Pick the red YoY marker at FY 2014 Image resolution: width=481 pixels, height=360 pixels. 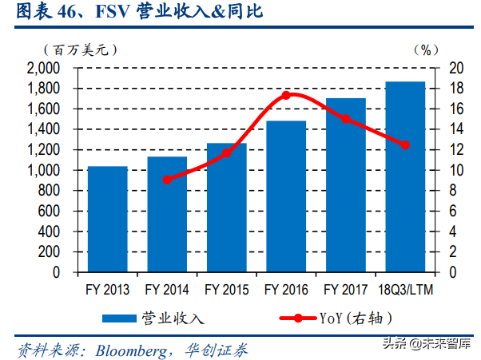[166, 180]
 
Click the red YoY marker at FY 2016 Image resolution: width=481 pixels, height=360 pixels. [286, 95]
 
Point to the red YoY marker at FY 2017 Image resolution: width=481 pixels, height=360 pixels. [345, 118]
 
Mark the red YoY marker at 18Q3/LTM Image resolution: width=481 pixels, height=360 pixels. [405, 145]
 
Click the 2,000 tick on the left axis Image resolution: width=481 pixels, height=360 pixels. [44, 69]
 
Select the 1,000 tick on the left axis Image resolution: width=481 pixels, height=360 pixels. [44, 171]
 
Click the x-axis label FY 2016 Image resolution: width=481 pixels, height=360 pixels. [285, 288]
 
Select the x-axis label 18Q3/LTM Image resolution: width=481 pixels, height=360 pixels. [405, 288]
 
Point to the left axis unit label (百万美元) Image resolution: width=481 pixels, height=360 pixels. [81, 49]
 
